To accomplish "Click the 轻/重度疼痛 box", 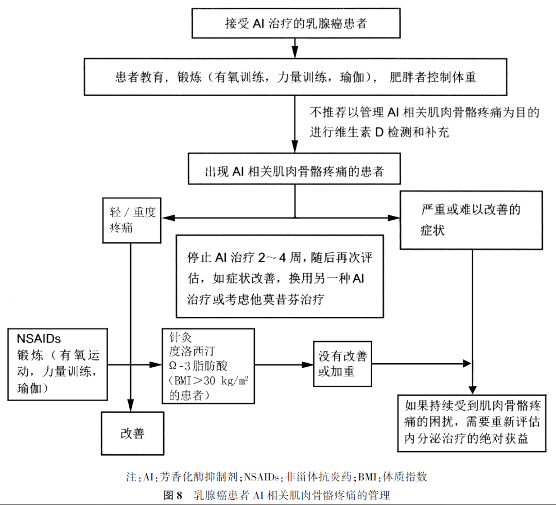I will click(x=132, y=219).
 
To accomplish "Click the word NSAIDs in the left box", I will click(x=39, y=339).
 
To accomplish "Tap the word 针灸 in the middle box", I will click(x=180, y=338).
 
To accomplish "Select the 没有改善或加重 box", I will click(x=342, y=364).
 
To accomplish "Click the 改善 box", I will click(x=133, y=433).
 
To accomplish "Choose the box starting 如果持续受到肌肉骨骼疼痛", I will click(x=472, y=423).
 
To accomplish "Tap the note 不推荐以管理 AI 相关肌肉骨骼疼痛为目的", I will click(x=424, y=113).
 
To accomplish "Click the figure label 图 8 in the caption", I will click(x=173, y=495).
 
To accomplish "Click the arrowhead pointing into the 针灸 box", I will click(x=157, y=365).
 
